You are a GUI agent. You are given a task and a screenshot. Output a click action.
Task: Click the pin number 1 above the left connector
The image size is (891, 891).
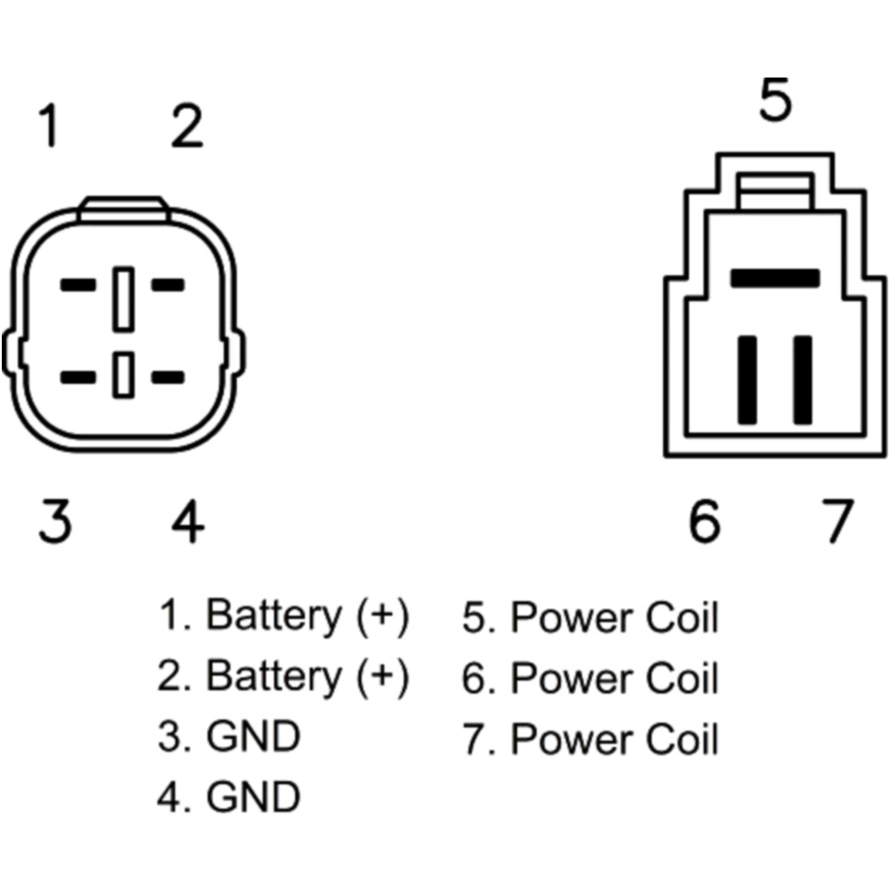click(49, 127)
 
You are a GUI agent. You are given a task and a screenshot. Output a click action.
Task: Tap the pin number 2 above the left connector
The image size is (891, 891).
click(187, 127)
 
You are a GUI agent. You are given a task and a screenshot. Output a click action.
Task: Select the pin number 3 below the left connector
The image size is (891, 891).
click(54, 521)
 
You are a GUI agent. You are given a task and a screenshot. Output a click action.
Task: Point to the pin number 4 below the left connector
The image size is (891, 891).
click(187, 521)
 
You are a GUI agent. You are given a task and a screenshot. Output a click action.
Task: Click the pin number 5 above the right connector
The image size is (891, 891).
click(775, 101)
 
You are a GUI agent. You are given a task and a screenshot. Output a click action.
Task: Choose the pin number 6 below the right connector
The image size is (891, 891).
click(704, 521)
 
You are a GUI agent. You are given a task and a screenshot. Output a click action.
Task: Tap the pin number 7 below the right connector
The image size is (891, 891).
click(835, 521)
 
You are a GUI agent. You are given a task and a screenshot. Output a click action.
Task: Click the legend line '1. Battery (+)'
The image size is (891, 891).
click(283, 616)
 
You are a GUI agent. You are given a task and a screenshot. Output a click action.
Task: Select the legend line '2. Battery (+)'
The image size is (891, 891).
click(283, 677)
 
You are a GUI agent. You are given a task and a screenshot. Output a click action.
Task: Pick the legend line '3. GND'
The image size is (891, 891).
click(229, 737)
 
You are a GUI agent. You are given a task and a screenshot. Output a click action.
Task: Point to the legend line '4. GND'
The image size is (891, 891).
click(229, 797)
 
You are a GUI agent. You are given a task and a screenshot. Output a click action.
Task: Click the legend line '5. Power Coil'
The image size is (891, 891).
click(590, 617)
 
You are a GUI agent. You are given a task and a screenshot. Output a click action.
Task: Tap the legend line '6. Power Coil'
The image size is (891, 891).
click(590, 679)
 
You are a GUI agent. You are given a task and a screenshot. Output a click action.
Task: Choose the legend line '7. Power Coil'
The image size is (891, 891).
click(590, 739)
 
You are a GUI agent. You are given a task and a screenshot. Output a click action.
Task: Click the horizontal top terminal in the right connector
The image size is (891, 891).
click(774, 278)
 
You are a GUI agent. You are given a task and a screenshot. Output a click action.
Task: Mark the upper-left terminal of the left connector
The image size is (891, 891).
click(78, 286)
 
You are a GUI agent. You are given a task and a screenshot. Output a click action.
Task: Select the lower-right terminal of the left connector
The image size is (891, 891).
click(168, 377)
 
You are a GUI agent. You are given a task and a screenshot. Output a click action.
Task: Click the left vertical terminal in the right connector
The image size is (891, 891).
click(748, 380)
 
